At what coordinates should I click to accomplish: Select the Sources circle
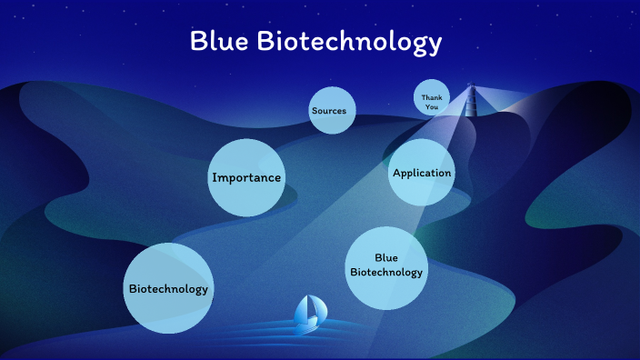[329, 111]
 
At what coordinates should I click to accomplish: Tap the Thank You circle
[431, 99]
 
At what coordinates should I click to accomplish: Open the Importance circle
[245, 177]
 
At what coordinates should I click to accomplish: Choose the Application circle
[422, 173]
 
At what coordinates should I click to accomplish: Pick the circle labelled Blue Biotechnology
[386, 265]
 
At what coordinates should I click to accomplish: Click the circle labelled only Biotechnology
[168, 288]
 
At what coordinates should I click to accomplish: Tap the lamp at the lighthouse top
[471, 87]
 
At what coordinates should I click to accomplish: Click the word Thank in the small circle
[431, 95]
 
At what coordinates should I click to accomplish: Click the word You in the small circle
[431, 106]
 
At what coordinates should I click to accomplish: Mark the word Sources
[329, 111]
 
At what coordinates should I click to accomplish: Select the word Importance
[245, 177]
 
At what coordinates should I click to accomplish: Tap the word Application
[422, 173]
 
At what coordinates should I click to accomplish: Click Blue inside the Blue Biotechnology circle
[386, 257]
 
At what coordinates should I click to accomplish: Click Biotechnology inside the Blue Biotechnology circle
[386, 272]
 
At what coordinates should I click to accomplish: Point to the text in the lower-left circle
[168, 289]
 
